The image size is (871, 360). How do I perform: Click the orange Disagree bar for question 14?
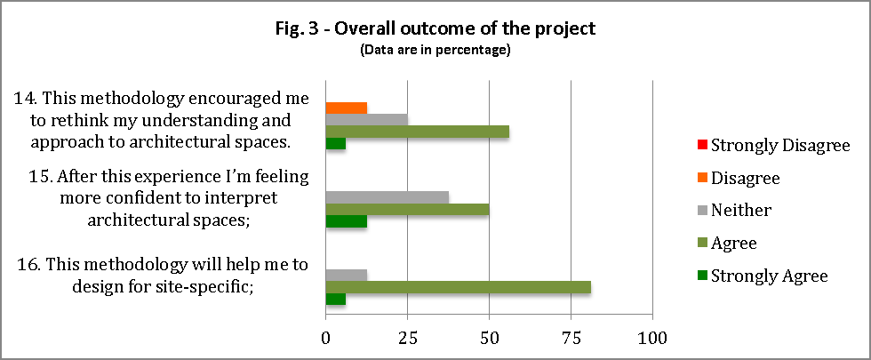pos(347,108)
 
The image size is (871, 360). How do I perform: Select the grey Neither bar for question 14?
pos(367,119)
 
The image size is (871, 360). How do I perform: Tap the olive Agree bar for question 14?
pos(418,132)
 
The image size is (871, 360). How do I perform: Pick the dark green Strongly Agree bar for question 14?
pos(336,143)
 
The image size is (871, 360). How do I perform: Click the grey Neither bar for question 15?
pos(388,197)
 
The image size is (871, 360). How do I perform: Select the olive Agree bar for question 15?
pos(407,210)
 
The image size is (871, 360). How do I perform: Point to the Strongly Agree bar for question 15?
pos(347,221)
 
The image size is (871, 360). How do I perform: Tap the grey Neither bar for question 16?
pos(347,275)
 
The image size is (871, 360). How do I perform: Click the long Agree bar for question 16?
pos(459,287)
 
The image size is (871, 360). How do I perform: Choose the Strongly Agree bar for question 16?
pos(336,300)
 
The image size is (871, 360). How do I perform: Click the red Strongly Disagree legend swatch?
pos(702,145)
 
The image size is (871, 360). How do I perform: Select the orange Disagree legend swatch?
pos(702,178)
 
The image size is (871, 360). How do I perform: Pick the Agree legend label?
pos(734,243)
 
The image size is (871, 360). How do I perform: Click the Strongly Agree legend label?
pos(769,276)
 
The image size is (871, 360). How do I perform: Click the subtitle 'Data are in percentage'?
pos(435,50)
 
